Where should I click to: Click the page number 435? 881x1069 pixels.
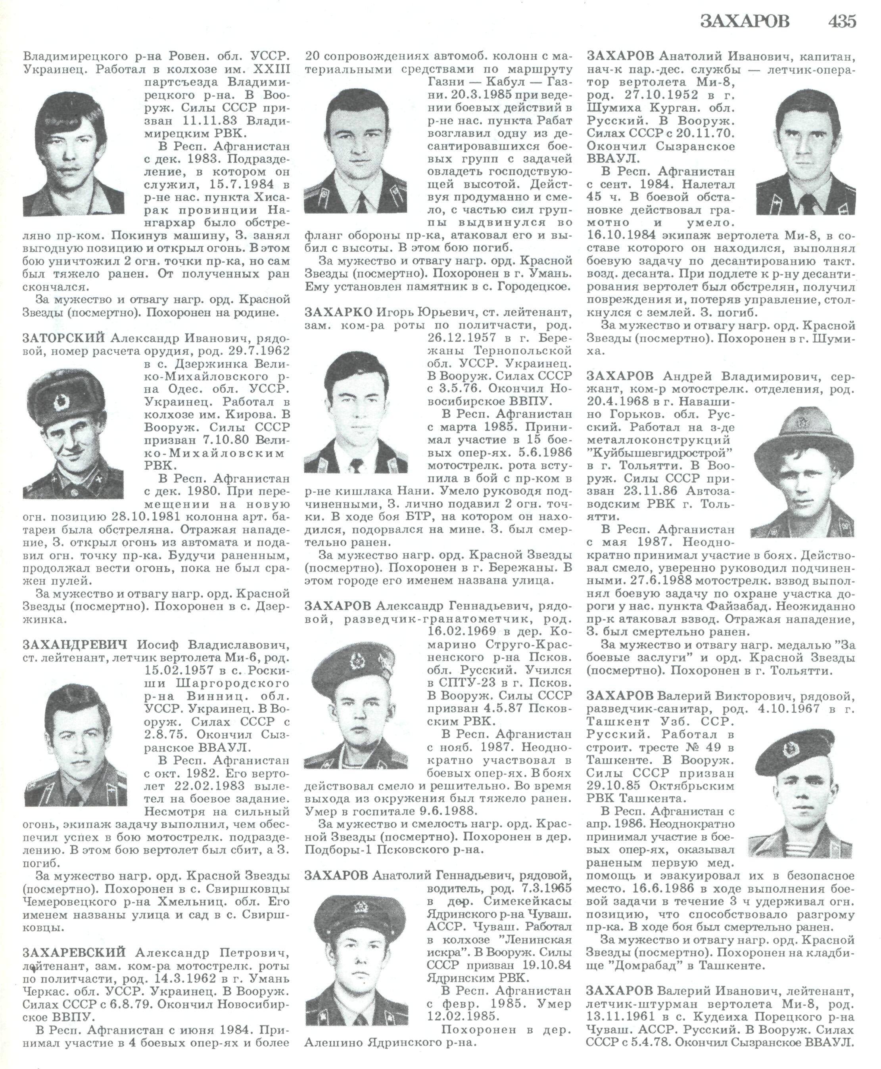(x=843, y=21)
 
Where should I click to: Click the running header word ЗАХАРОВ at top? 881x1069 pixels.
(x=745, y=21)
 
